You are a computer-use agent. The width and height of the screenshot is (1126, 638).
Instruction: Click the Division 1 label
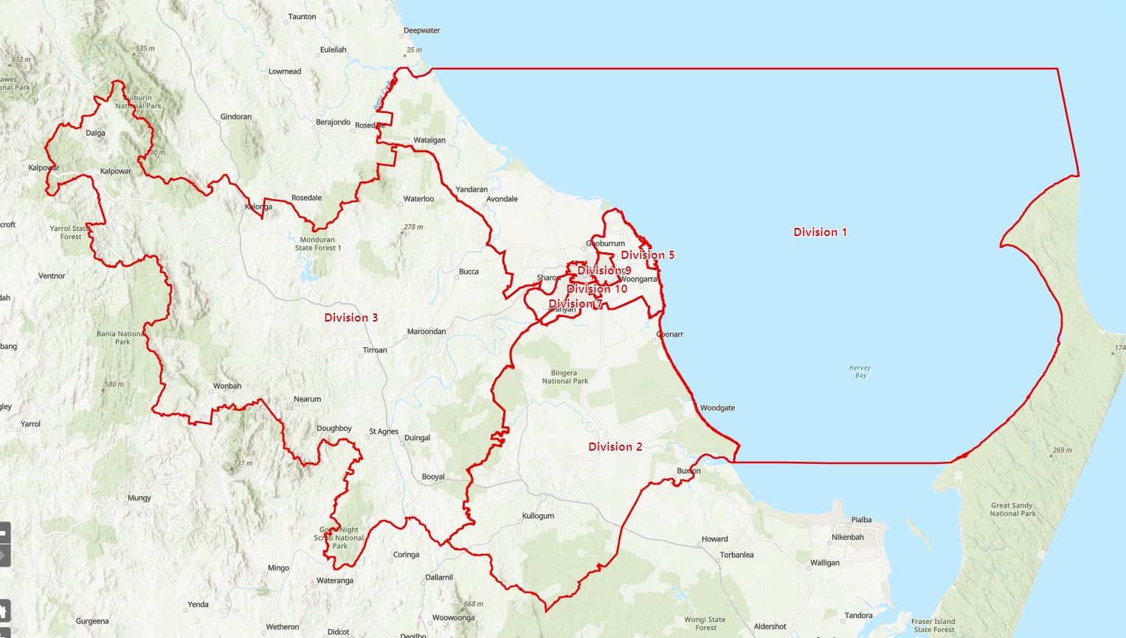[820, 232]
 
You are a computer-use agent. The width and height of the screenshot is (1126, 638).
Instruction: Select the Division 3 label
[351, 318]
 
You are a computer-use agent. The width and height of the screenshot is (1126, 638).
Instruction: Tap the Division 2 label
[615, 447]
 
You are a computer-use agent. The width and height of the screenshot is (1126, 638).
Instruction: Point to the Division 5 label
[647, 255]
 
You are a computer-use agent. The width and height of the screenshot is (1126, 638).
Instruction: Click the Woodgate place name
[717, 408]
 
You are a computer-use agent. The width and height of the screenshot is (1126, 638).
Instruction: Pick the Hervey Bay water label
[860, 372]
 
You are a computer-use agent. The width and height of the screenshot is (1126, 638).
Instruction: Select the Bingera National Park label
[564, 377]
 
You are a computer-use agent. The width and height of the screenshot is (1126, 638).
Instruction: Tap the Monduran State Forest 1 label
[318, 244]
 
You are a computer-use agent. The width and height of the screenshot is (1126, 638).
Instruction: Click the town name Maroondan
[426, 332]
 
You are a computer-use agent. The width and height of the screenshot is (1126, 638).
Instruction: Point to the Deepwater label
[421, 31]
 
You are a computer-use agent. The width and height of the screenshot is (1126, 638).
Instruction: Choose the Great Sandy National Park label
[1012, 510]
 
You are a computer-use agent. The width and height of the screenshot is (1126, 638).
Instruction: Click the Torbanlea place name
[736, 555]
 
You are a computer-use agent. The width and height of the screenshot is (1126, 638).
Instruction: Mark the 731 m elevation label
[243, 463]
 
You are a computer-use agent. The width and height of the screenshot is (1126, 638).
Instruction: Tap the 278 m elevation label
[413, 227]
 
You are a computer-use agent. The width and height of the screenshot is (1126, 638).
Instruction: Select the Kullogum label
[538, 516]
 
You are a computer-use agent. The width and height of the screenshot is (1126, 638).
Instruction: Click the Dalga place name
[95, 134]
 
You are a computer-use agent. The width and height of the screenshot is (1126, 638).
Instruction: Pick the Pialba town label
[861, 520]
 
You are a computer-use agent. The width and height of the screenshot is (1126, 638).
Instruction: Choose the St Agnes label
[384, 431]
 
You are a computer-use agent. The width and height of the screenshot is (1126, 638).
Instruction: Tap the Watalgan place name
[429, 140]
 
